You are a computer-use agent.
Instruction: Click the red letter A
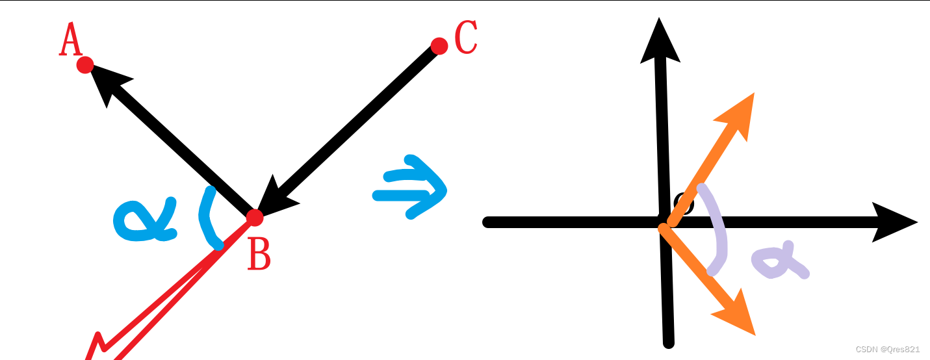[x=70, y=39]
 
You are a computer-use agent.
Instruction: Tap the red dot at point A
[x=85, y=65]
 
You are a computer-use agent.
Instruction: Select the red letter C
[x=466, y=38]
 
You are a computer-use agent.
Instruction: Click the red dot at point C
[x=439, y=46]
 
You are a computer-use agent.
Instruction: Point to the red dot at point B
[x=255, y=218]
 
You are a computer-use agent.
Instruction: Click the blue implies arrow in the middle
[x=410, y=187]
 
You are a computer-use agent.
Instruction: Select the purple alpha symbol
[x=780, y=260]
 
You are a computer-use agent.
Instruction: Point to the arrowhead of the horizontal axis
[x=894, y=222]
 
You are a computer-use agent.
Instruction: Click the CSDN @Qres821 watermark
[x=888, y=350]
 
